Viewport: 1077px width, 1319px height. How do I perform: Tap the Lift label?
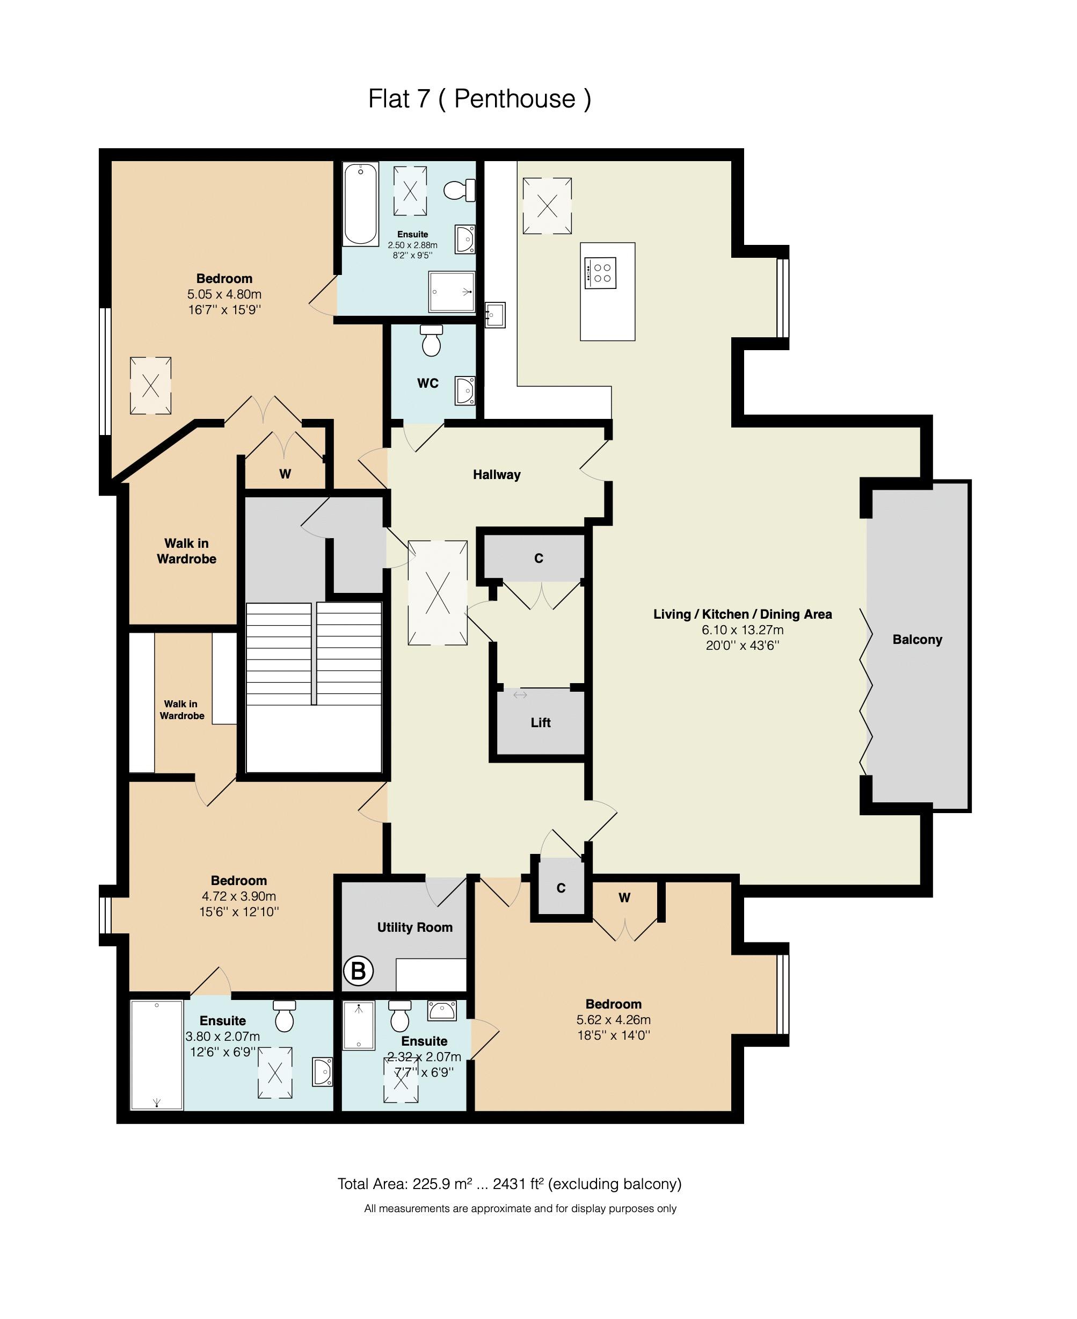click(540, 722)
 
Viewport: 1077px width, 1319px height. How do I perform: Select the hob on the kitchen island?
click(600, 273)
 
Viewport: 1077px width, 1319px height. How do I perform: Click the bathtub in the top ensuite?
click(360, 204)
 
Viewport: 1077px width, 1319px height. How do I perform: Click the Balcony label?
click(917, 640)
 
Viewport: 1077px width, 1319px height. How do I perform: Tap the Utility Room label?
click(414, 927)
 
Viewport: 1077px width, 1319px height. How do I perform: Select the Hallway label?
click(496, 475)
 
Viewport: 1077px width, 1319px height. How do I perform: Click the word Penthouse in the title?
click(514, 99)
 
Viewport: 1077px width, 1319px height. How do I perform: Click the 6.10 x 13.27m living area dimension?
click(742, 630)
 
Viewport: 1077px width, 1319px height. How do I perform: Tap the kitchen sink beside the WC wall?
click(494, 315)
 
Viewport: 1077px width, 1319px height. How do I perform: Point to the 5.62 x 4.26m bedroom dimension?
click(613, 1019)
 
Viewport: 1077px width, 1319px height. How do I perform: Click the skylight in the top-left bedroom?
click(150, 385)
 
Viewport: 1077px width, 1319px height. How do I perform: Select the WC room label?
click(427, 383)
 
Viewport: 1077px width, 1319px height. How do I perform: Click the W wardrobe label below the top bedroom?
click(285, 474)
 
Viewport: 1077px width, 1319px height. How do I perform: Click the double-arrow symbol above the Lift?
click(520, 695)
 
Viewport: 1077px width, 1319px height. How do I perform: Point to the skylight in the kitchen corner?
click(547, 205)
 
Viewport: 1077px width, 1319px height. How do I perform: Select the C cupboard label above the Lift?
click(538, 559)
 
